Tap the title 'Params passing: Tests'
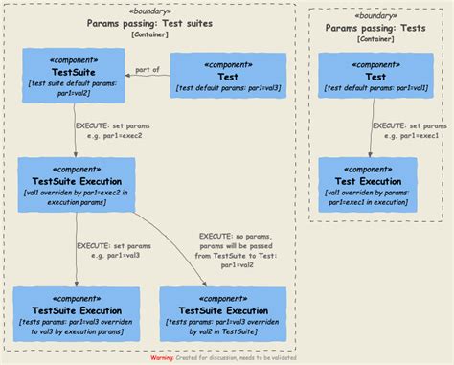click(375, 29)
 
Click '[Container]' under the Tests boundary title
click(375, 39)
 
